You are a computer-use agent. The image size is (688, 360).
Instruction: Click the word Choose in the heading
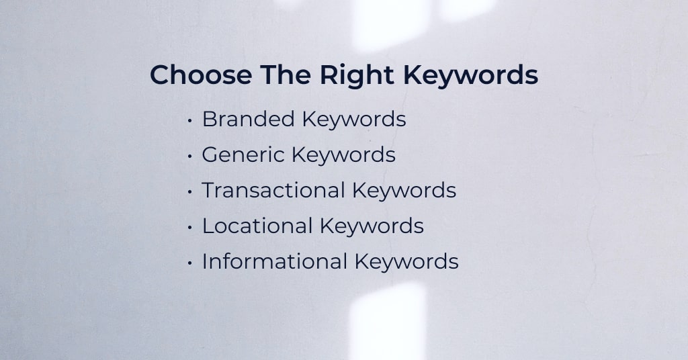(201, 75)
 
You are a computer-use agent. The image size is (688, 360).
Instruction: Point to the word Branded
(248, 119)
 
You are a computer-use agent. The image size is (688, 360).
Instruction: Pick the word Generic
(243, 154)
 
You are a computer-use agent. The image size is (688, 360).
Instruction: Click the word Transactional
(273, 190)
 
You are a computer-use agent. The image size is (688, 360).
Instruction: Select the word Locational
(257, 226)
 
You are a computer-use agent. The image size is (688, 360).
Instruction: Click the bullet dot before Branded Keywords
(189, 120)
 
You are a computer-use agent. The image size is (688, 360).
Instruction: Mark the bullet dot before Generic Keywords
(189, 156)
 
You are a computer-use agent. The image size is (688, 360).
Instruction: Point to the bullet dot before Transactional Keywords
(189, 191)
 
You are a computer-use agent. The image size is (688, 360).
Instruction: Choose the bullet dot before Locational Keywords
(189, 227)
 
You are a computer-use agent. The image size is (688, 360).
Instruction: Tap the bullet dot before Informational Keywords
(189, 263)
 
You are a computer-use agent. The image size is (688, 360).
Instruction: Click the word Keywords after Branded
(354, 120)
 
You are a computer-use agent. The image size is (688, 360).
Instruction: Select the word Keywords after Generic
(343, 155)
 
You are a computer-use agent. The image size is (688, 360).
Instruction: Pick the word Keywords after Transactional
(404, 191)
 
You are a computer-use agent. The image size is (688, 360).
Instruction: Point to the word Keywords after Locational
(372, 227)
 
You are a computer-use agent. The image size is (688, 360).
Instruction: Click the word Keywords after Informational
(406, 262)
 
